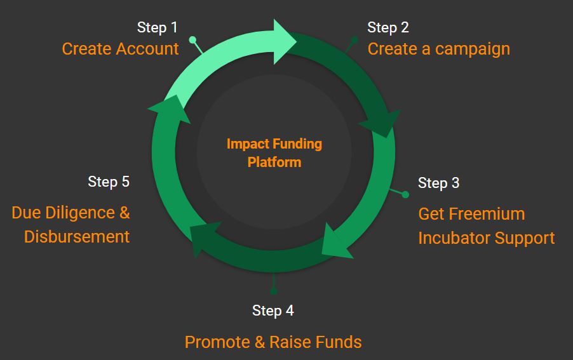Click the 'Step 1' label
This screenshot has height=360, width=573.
pyautogui.click(x=157, y=28)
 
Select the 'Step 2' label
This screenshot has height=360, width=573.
pyautogui.click(x=388, y=28)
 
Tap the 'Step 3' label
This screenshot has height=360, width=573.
pyautogui.click(x=438, y=183)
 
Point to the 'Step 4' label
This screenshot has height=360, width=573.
pyautogui.click(x=273, y=310)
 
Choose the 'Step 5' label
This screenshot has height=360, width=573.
pyautogui.click(x=109, y=182)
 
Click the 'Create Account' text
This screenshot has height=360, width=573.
pyautogui.click(x=120, y=49)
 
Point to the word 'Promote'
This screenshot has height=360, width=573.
pyautogui.click(x=217, y=342)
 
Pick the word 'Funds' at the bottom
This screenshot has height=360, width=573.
pyautogui.click(x=339, y=342)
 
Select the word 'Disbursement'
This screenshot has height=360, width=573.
pyautogui.click(x=77, y=237)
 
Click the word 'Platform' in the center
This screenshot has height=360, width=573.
pyautogui.click(x=274, y=162)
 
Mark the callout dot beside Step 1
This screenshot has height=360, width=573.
pyautogui.click(x=192, y=39)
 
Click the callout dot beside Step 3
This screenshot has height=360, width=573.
pyautogui.click(x=405, y=195)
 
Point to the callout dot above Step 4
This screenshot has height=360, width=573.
pyautogui.click(x=273, y=291)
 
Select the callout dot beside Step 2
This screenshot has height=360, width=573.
pyautogui.click(x=354, y=39)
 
